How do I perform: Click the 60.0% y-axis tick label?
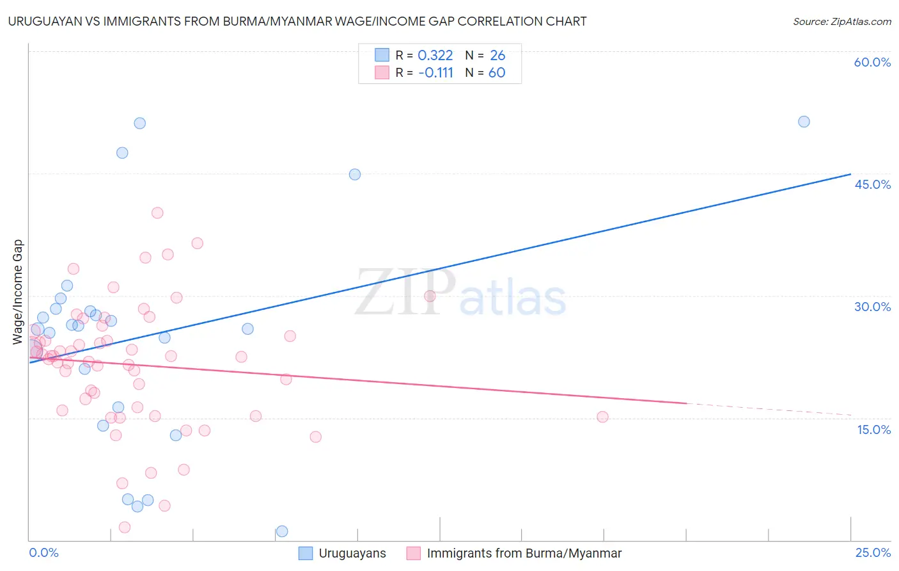872,62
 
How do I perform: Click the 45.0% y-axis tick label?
872,184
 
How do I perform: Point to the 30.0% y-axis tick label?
872,307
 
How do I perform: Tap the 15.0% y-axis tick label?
873,430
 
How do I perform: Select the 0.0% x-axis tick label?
43,552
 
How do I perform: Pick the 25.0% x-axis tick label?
873,552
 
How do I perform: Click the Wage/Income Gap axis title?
17,292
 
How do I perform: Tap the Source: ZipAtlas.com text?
841,21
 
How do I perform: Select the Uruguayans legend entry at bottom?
343,553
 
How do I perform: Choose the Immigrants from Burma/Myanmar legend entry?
514,553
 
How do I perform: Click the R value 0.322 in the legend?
435,56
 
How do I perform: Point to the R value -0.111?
435,73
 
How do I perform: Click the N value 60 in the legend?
497,73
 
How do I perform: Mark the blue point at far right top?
804,122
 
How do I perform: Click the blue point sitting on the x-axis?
282,531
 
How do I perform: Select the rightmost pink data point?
602,417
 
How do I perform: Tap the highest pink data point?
157,213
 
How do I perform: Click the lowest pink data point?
125,527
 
